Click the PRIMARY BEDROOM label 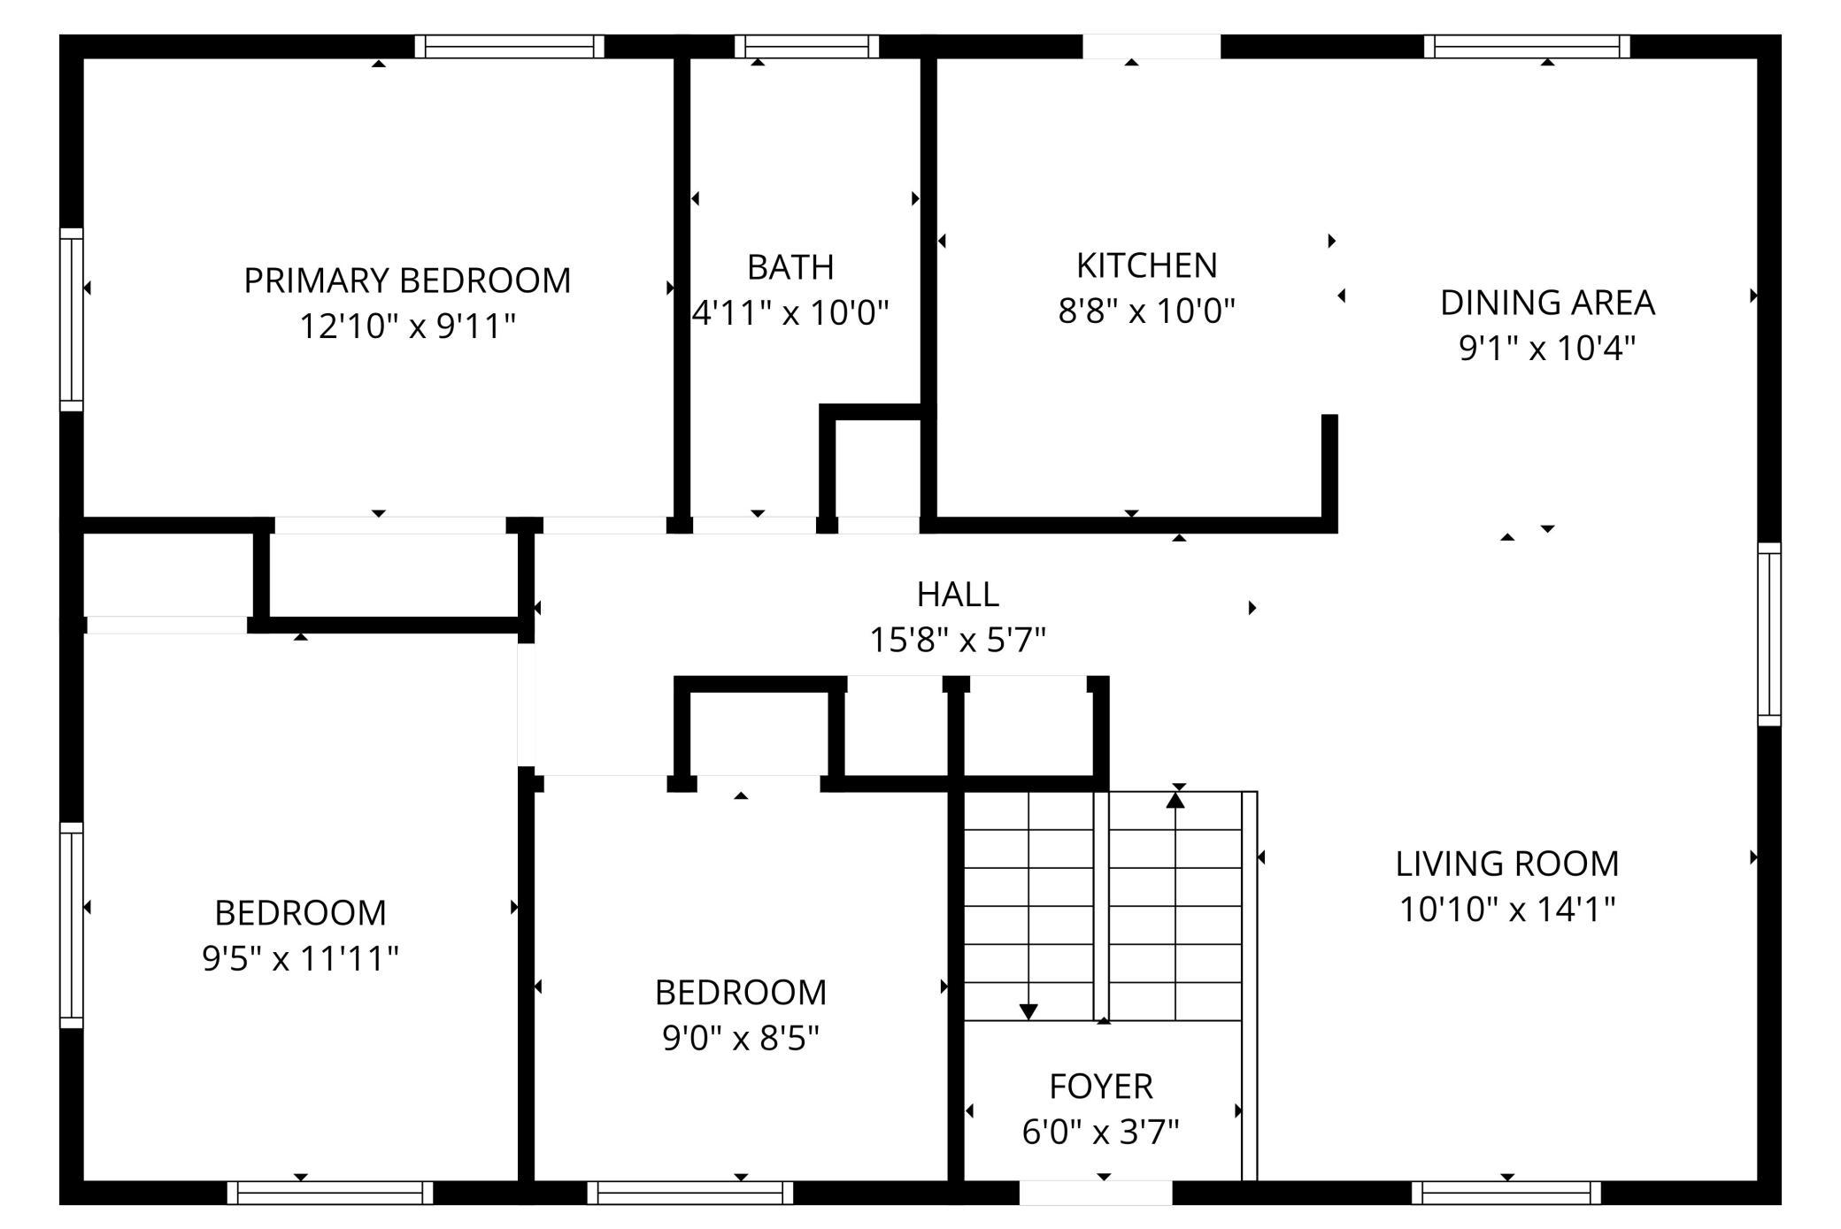pos(407,280)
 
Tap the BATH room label pos(790,266)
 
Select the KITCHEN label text pos(1146,265)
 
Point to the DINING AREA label pos(1547,303)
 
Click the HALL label pos(958,594)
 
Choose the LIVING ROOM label pos(1507,864)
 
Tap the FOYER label pos(1101,1086)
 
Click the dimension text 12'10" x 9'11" pos(407,326)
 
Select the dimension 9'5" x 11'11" pos(300,958)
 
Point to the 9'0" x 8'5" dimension pos(741,1038)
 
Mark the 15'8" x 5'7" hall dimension pos(958,640)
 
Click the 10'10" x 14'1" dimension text pos(1507,910)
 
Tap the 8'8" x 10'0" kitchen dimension pos(1146,311)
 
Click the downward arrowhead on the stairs pos(1028,1011)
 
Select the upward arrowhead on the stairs pos(1175,800)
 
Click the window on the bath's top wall pos(806,46)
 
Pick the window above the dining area pos(1527,46)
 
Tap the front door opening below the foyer pos(1096,1193)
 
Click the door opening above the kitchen pos(1152,46)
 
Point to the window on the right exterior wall pos(1769,634)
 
